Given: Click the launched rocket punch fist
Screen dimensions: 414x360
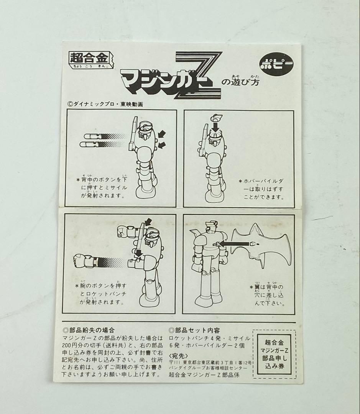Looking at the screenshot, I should tap(85, 262).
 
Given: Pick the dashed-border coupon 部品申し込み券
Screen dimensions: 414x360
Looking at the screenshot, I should tap(274, 354).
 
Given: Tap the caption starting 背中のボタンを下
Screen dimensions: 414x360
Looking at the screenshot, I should tap(101, 187).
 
